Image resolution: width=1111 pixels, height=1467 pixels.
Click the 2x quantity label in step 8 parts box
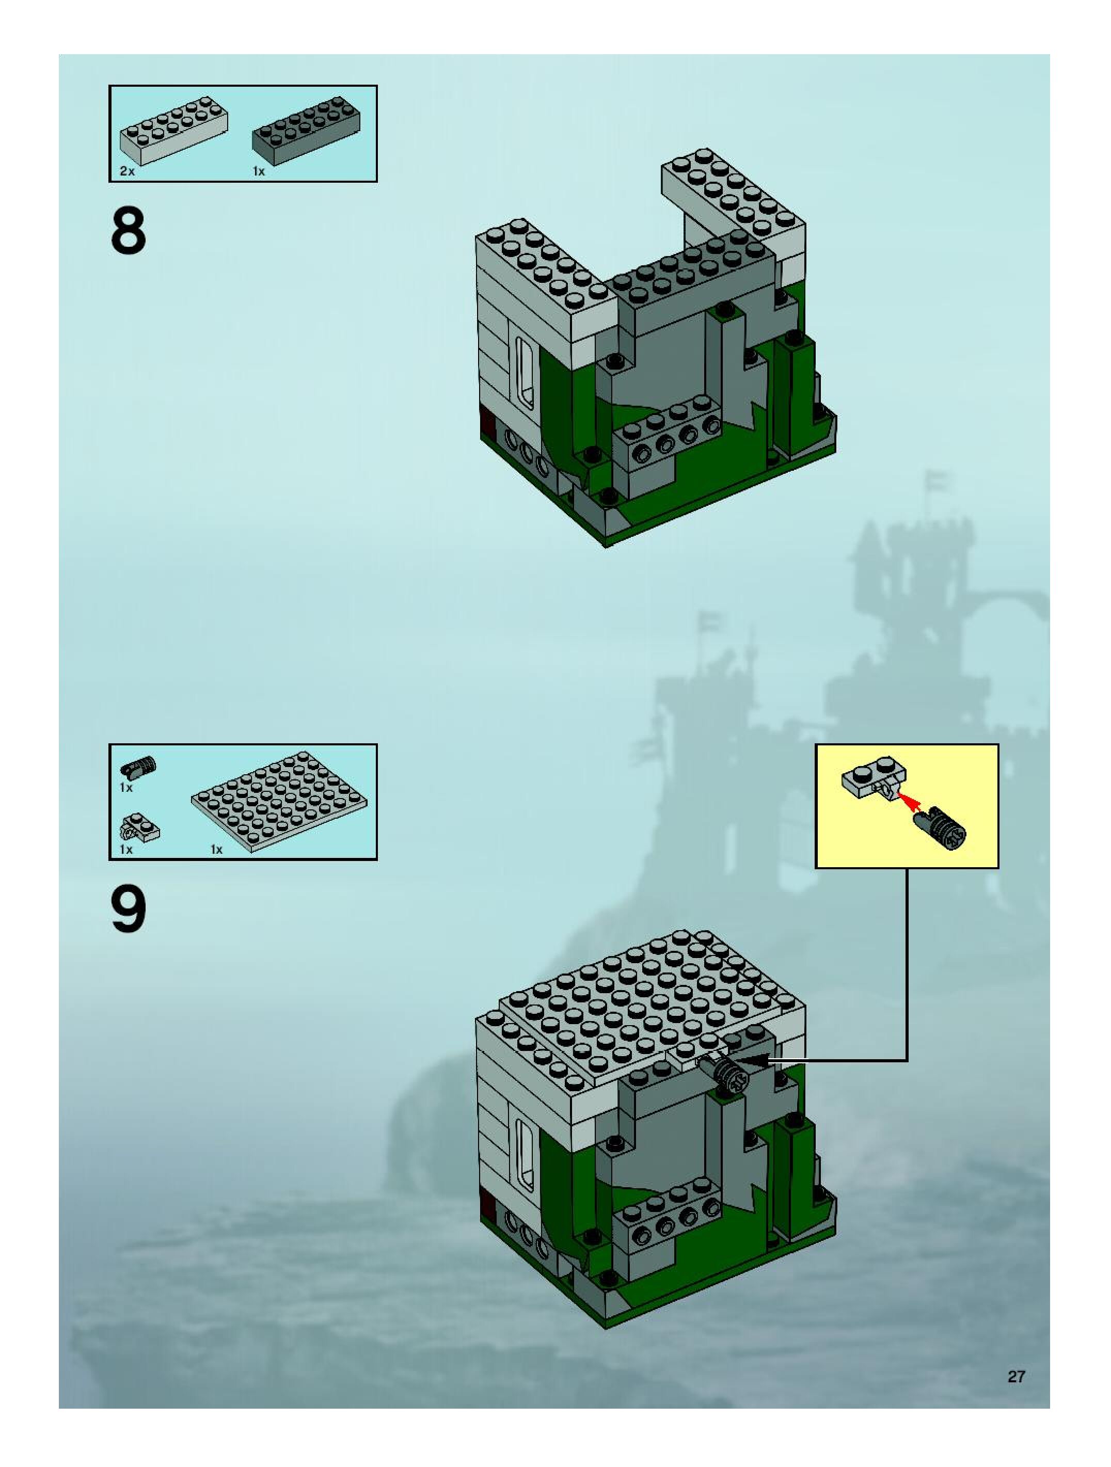[126, 171]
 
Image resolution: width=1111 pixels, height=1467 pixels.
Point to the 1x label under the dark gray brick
[259, 171]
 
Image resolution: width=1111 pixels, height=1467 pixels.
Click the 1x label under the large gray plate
[216, 849]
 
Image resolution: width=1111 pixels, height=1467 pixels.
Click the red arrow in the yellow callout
[911, 803]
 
